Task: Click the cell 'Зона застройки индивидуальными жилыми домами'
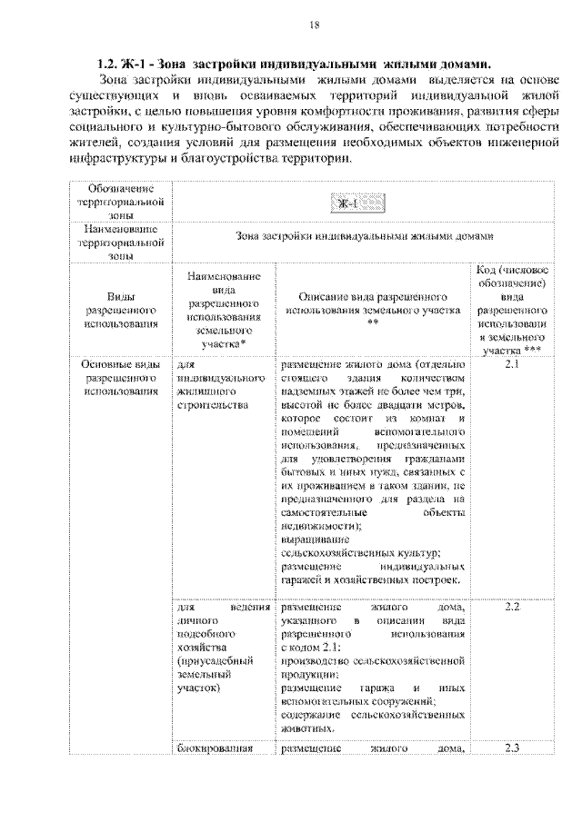(363, 237)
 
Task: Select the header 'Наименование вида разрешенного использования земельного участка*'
(224, 309)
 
